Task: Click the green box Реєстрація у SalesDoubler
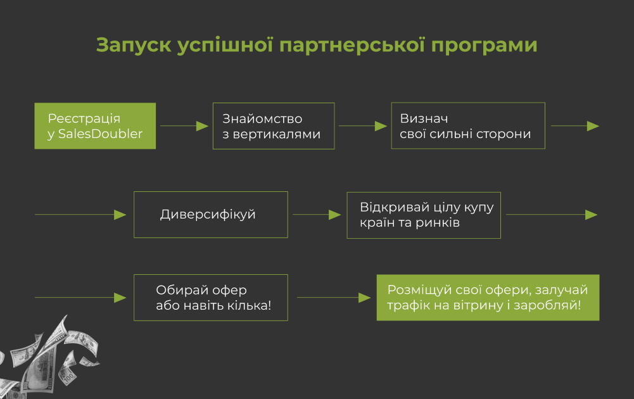[95, 126]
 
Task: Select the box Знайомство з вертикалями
[274, 126]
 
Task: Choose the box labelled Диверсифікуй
[211, 215]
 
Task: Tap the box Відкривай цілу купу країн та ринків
[424, 215]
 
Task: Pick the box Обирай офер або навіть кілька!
[211, 298]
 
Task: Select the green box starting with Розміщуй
[488, 298]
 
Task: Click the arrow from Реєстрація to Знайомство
[184, 126]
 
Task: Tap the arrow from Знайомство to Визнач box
[363, 126]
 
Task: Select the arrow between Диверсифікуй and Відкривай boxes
[317, 215]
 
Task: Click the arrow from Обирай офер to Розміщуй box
[333, 298]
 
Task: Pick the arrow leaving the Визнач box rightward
[574, 126]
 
